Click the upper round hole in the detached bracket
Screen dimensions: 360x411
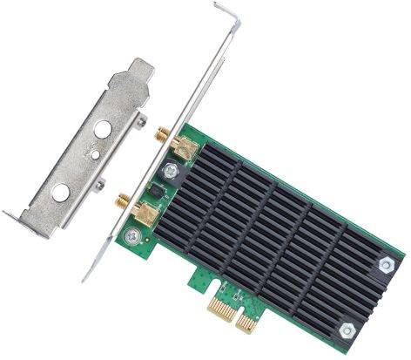click(x=102, y=129)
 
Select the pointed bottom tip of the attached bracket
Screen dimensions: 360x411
click(x=85, y=278)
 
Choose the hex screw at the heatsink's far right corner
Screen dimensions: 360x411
click(x=386, y=261)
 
